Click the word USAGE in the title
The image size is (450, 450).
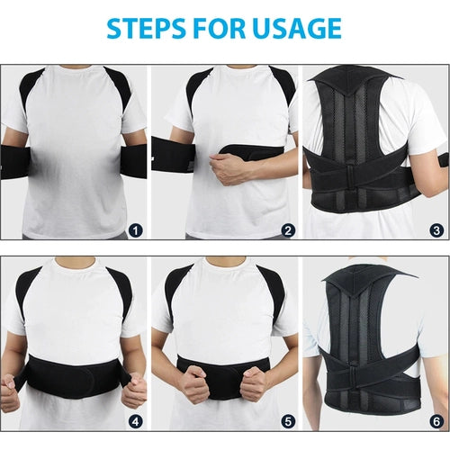click(297, 29)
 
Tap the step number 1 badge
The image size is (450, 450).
click(136, 231)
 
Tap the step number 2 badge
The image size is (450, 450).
click(288, 231)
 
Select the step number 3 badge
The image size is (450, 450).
click(436, 230)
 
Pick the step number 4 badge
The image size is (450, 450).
click(136, 422)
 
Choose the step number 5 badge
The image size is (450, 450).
click(288, 422)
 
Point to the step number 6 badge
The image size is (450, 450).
click(436, 422)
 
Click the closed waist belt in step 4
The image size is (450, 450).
click(74, 376)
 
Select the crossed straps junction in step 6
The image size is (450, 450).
click(354, 372)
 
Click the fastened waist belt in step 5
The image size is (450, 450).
click(222, 376)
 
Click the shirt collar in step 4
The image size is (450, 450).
click(74, 262)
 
